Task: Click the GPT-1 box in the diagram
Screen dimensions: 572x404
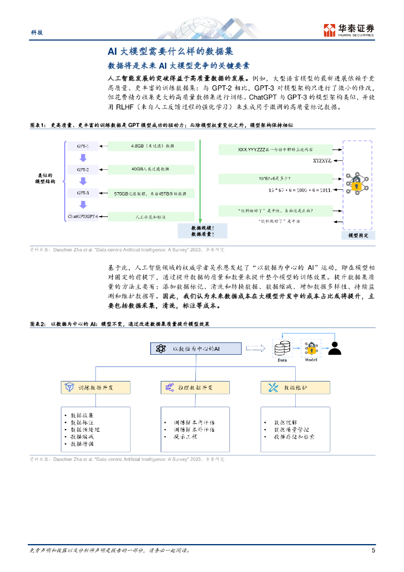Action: pos(83,146)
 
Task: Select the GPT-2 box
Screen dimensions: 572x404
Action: pos(83,169)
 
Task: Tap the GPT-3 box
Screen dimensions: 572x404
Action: pos(83,192)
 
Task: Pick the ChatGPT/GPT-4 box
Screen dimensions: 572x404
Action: pos(83,216)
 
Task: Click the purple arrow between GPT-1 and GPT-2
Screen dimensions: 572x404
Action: pos(83,157)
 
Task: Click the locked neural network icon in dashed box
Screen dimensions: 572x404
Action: pos(356,183)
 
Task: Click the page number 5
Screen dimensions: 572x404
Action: pos(373,550)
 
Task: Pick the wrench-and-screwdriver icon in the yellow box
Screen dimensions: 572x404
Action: pos(273,387)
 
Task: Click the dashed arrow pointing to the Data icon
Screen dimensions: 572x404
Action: pos(255,349)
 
